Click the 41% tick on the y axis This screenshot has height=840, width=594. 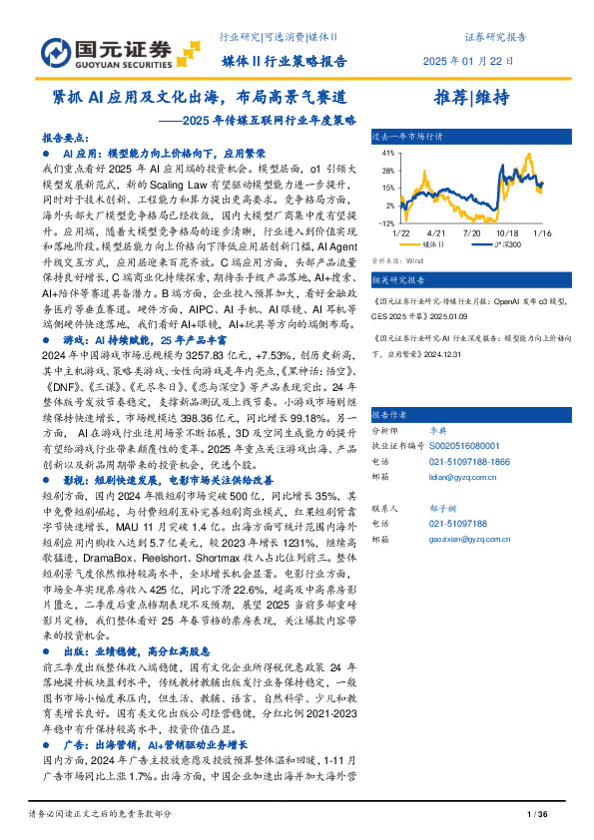pyautogui.click(x=383, y=155)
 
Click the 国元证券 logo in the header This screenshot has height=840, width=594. pyautogui.click(x=107, y=51)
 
